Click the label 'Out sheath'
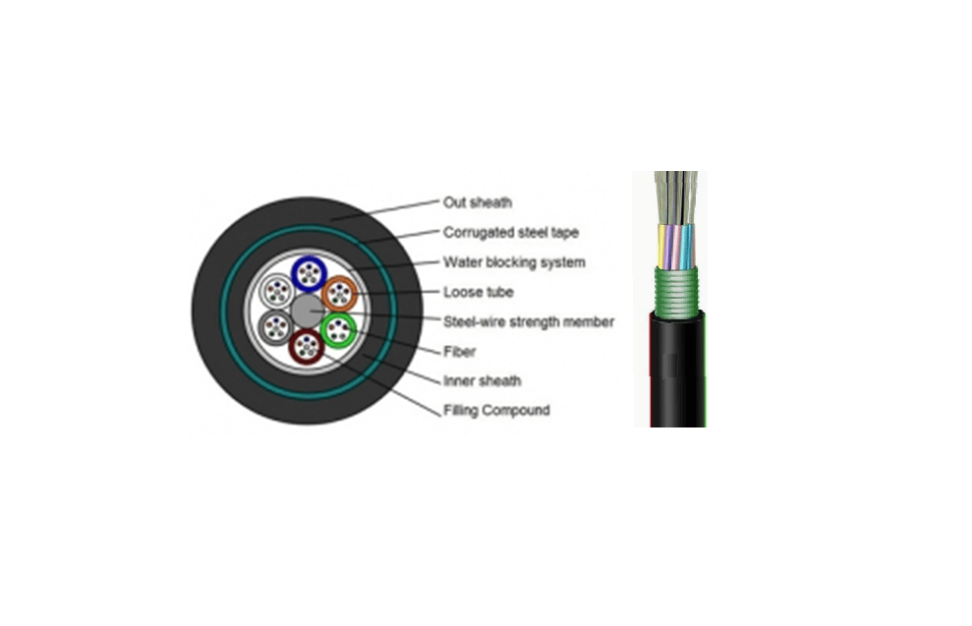(477, 203)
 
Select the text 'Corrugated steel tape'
(510, 233)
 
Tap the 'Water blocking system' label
(513, 262)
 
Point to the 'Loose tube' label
(478, 292)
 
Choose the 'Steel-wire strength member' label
(528, 321)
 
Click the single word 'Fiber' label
(459, 350)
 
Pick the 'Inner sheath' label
(482, 380)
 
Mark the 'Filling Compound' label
(495, 410)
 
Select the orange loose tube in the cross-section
(340, 293)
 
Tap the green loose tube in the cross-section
(340, 329)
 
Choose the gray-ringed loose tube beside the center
(275, 325)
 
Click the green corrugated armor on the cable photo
(677, 291)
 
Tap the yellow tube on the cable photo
(660, 246)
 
